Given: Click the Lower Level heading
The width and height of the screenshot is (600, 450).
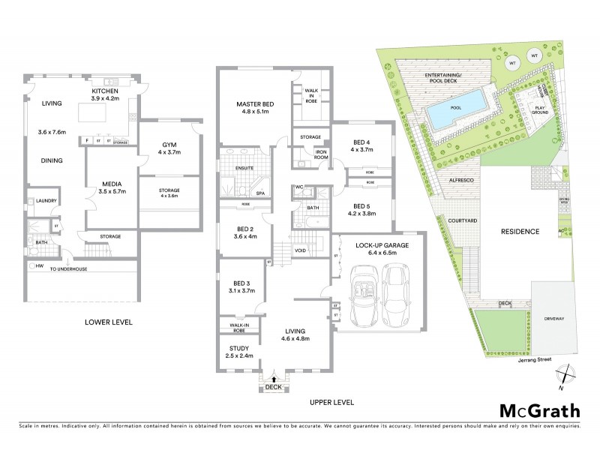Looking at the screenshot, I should pos(108,322).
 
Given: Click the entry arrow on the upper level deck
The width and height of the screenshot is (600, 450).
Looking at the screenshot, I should pos(273,380).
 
